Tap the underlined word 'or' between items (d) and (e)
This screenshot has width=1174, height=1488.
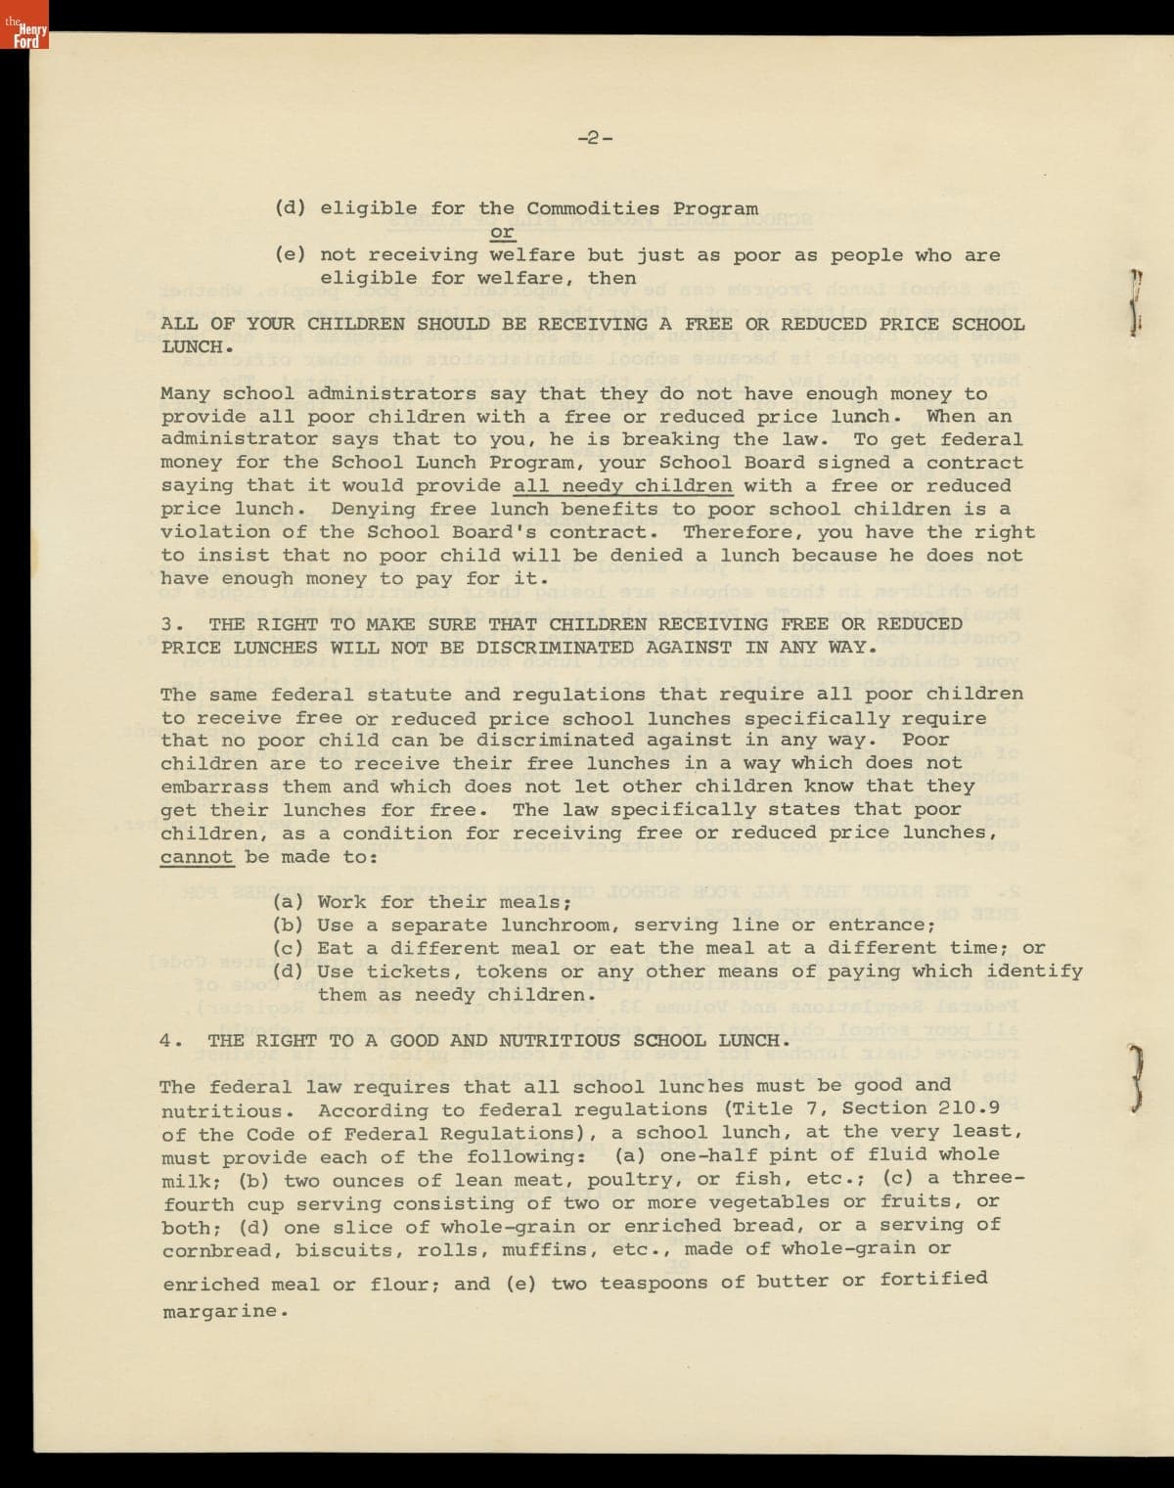click(502, 232)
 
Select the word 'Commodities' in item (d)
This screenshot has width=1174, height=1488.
click(593, 208)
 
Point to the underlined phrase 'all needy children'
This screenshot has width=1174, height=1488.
click(622, 486)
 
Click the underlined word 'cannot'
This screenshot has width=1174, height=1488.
click(197, 857)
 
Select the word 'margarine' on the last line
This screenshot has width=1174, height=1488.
click(220, 1312)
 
